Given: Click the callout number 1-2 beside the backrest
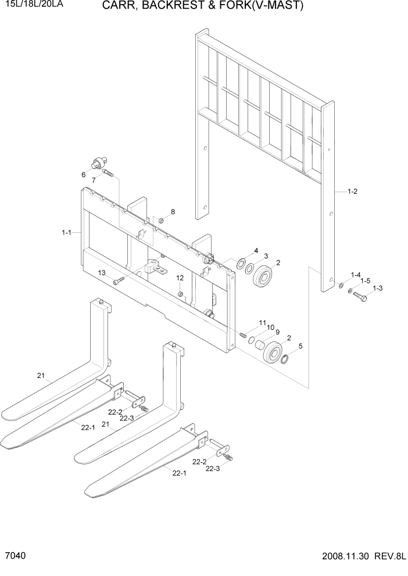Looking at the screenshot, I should point(352,191).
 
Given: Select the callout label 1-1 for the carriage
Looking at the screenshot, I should point(66,233).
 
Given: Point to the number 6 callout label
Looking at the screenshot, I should point(84,174).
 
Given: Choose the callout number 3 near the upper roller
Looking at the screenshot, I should point(266,256).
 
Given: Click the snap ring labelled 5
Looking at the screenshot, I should point(285,360).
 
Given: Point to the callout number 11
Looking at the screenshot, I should point(263,323).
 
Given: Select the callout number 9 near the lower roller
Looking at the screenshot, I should point(277,332).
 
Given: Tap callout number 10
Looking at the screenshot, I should point(270,327).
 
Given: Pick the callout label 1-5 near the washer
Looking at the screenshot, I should point(365,280).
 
